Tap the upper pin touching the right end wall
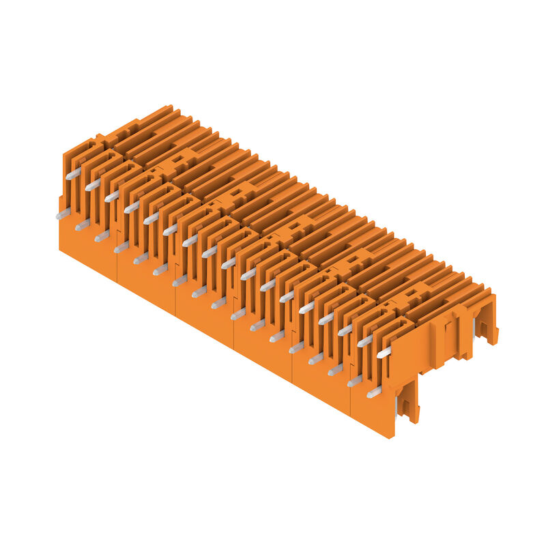(x=384, y=352)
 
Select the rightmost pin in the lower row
(x=374, y=392)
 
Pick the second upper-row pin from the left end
(x=92, y=184)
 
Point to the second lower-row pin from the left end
(x=82, y=225)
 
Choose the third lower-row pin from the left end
(x=102, y=236)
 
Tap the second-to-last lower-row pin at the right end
(x=354, y=381)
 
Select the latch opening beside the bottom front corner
(x=407, y=403)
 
